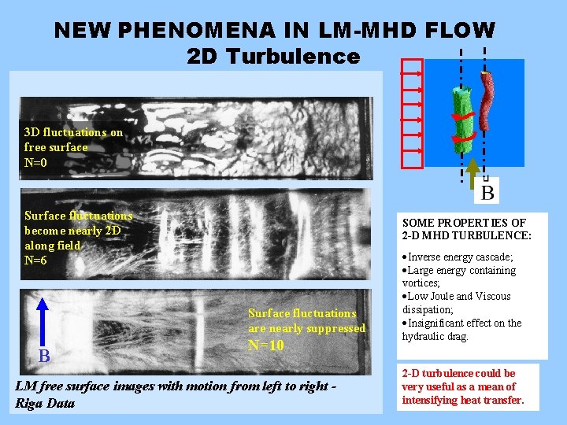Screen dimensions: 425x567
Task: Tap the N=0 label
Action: (37, 163)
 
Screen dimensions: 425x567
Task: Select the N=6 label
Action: (37, 261)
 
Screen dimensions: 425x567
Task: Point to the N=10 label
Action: (266, 346)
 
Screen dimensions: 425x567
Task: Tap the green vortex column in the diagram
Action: (458, 114)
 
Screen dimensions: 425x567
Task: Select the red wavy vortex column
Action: (489, 100)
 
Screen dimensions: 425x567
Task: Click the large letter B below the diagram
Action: (488, 191)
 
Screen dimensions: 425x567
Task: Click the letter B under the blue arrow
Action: (44, 357)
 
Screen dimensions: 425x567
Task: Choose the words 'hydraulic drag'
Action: (435, 336)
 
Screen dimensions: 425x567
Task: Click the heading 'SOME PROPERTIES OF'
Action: (463, 223)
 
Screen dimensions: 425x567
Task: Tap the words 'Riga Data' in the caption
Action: (45, 404)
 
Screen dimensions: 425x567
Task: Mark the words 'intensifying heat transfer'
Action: (462, 400)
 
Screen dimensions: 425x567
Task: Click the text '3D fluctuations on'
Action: (73, 132)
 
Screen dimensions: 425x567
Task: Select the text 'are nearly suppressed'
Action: (306, 328)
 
